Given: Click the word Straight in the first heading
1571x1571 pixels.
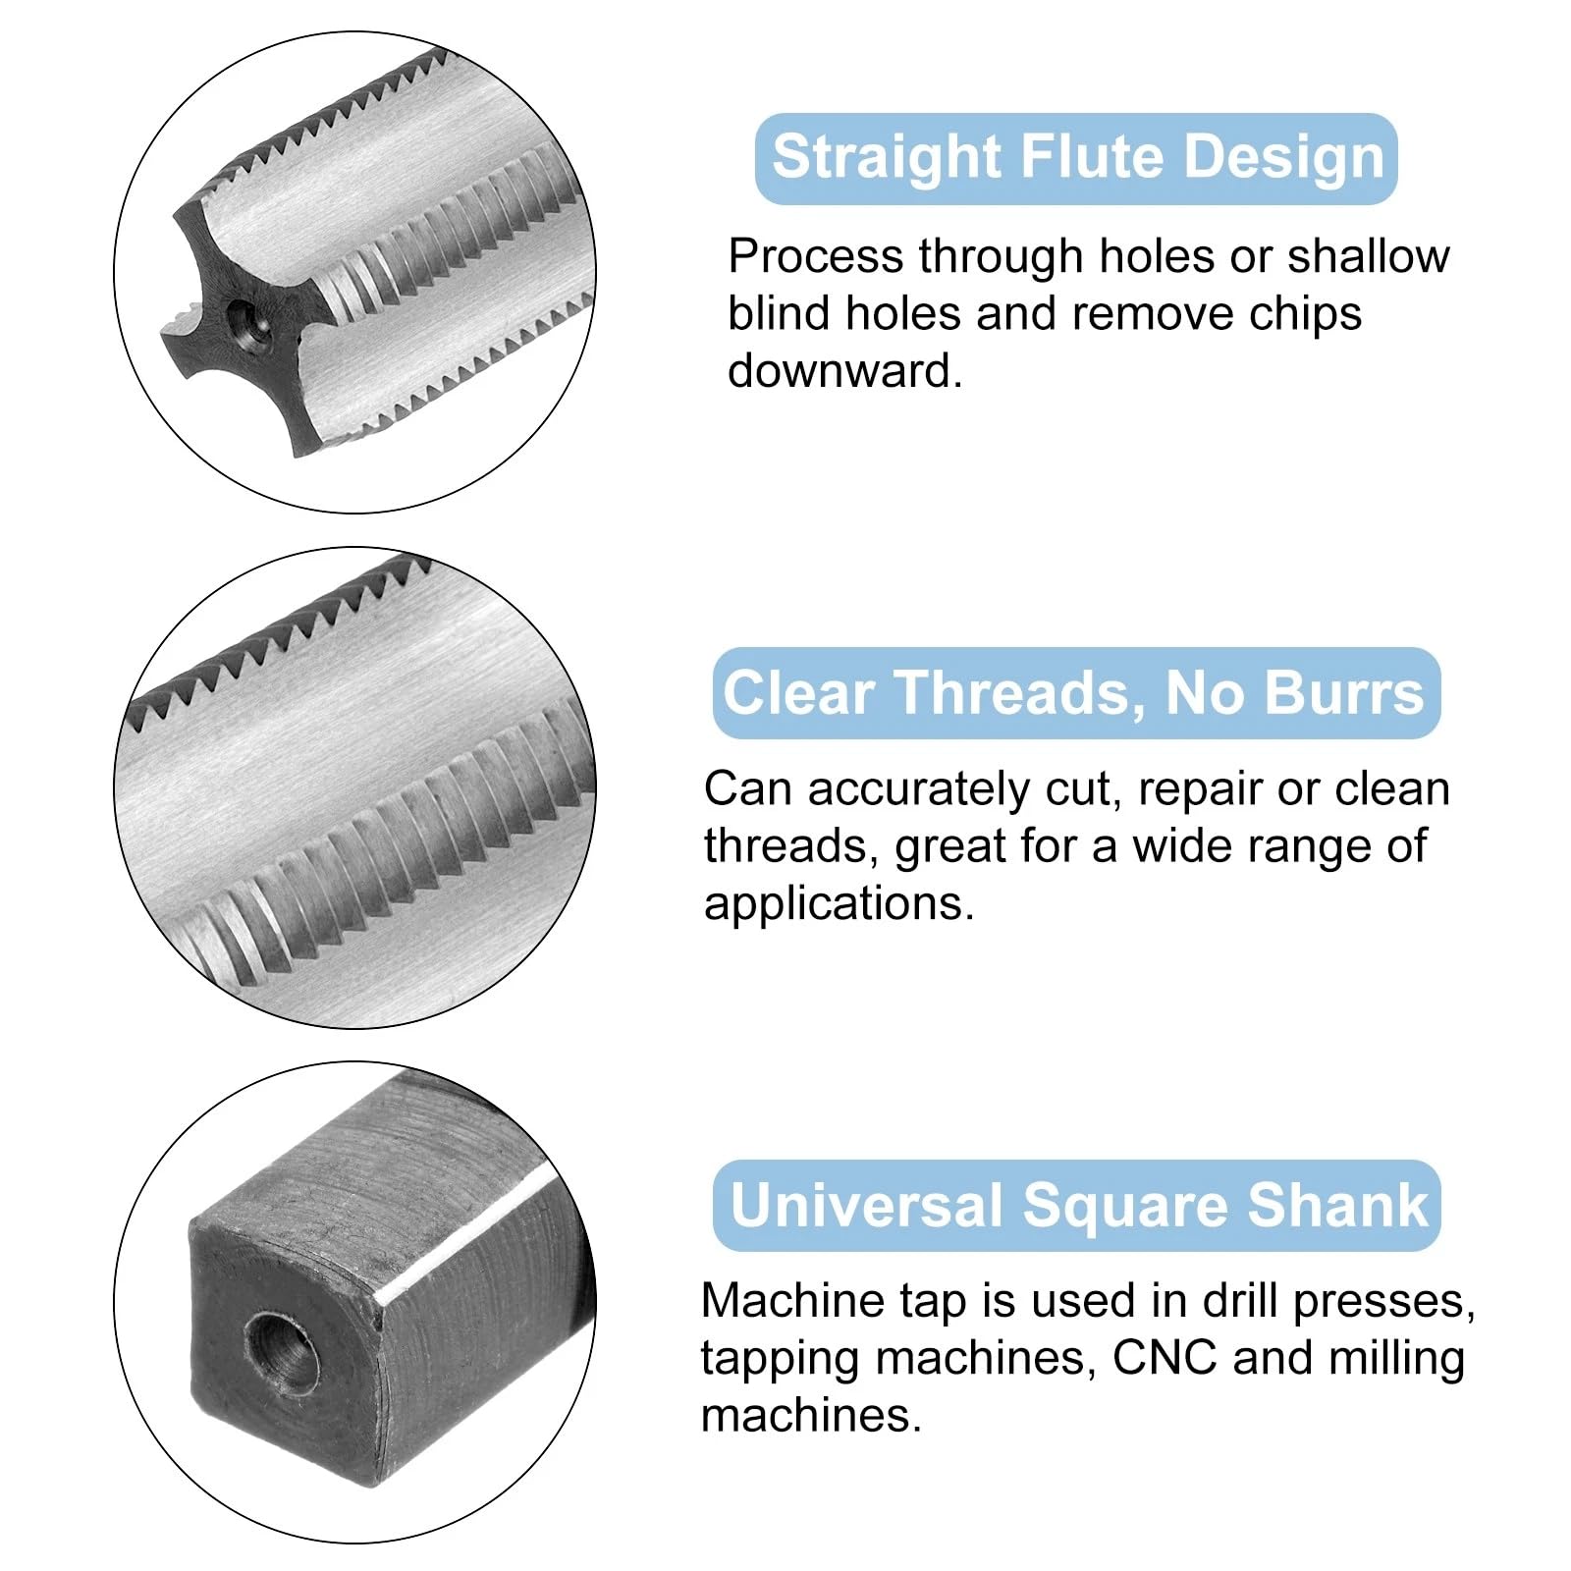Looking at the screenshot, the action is point(887,159).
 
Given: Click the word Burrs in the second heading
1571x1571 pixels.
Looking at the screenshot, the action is point(1344,692).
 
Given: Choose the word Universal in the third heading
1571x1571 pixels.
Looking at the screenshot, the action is point(866,1205).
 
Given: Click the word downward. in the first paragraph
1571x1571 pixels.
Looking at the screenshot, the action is point(845,371).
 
